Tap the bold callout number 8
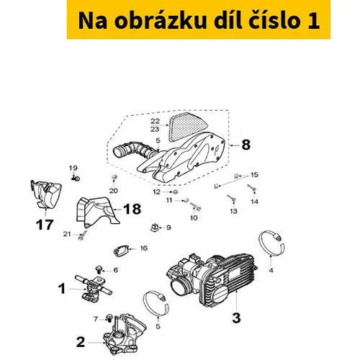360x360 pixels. click(246, 145)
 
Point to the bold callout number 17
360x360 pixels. click(45, 225)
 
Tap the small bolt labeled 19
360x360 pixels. click(76, 179)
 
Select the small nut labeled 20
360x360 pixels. click(114, 178)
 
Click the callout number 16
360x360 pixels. click(143, 248)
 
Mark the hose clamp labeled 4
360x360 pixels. click(271, 243)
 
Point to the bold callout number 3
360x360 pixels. click(236, 318)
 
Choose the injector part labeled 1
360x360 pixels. click(93, 287)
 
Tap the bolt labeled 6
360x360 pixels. click(99, 269)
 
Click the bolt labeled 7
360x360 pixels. click(109, 318)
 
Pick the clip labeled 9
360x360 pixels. click(155, 228)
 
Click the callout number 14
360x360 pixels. click(254, 202)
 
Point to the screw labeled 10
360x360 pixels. click(195, 207)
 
